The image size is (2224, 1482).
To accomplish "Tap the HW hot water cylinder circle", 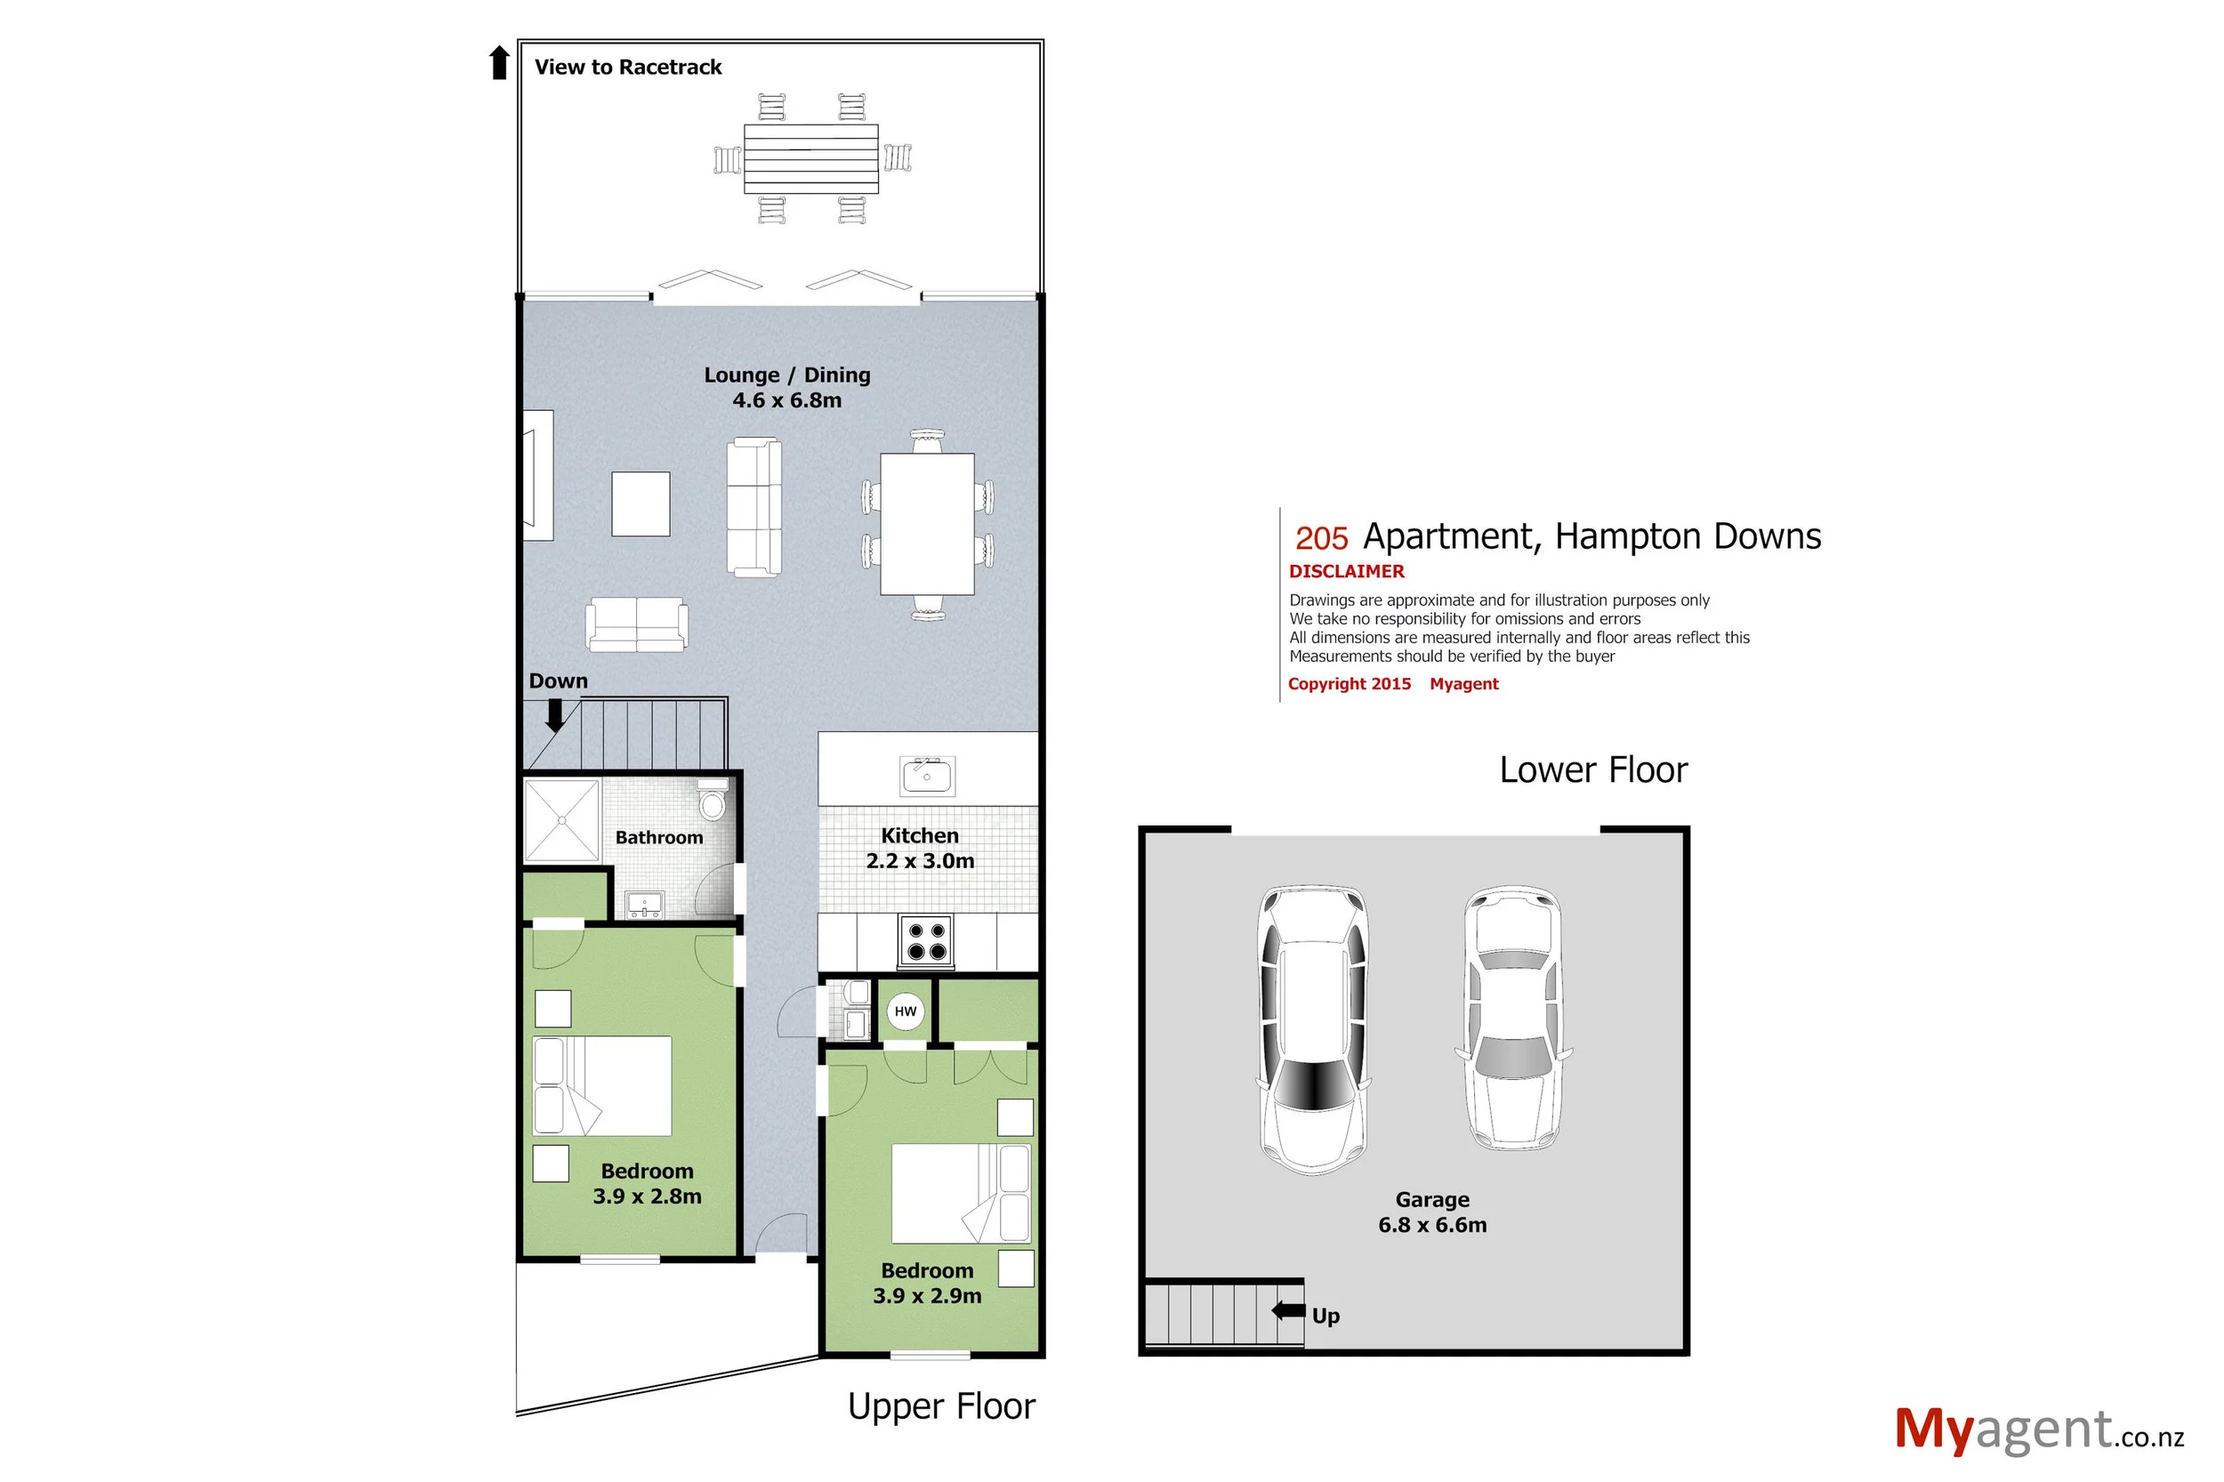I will (x=905, y=1011).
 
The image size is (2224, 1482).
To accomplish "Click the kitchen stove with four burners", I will (x=925, y=940).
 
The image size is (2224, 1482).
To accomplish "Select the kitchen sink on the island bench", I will (x=926, y=776).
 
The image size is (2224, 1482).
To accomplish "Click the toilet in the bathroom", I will (x=712, y=801).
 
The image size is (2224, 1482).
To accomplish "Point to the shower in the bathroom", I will (x=562, y=819).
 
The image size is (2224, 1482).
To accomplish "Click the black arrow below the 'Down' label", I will (x=555, y=715).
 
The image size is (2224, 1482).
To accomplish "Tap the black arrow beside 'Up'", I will (x=1288, y=1311).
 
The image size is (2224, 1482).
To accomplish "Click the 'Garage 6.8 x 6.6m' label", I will (x=1432, y=1212).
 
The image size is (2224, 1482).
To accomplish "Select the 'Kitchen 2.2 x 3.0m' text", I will (x=920, y=848).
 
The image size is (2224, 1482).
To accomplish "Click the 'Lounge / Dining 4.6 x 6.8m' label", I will (x=786, y=388).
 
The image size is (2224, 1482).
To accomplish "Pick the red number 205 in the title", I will (x=1320, y=539).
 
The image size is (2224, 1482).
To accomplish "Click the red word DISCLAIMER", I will (x=1346, y=572).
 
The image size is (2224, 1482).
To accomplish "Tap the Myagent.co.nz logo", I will (x=2038, y=1431).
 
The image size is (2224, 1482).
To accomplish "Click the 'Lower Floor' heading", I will (x=1592, y=770).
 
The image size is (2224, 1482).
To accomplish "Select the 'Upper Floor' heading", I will (x=941, y=1406).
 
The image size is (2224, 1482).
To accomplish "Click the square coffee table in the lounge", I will (x=641, y=503).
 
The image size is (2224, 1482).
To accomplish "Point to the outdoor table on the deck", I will (x=811, y=158).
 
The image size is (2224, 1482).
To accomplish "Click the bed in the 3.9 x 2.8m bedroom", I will (x=602, y=1086).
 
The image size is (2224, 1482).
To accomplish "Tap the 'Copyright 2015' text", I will (x=1349, y=684).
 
